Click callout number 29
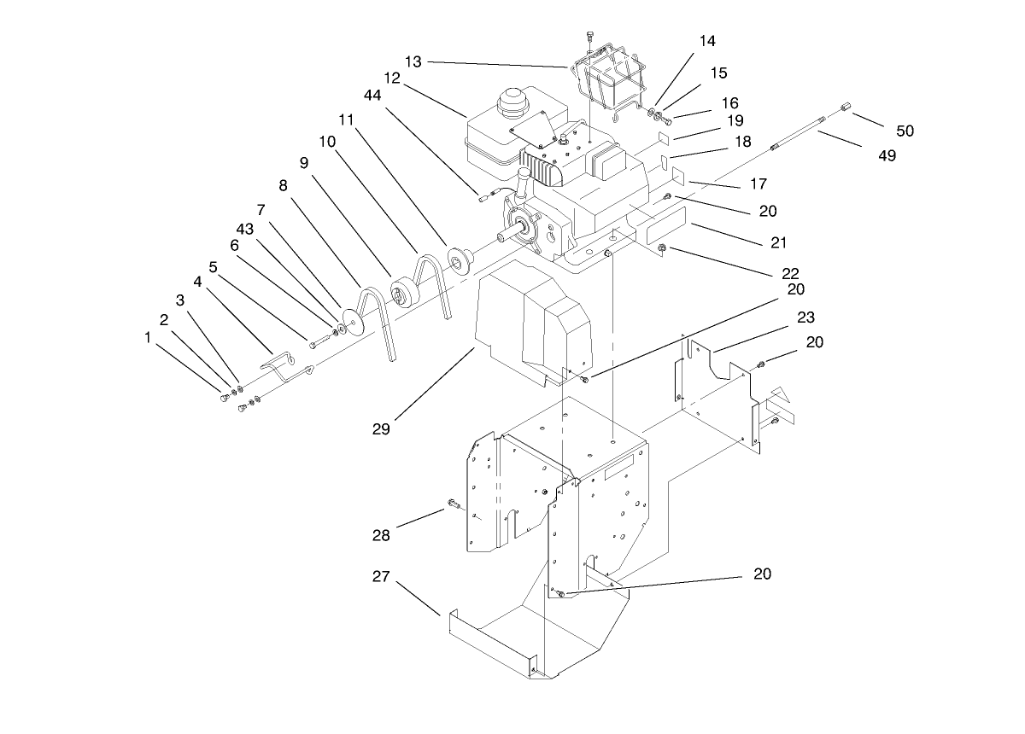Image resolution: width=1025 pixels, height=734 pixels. click(381, 429)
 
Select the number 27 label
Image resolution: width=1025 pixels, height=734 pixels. click(381, 577)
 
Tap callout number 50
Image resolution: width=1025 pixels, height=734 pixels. click(905, 131)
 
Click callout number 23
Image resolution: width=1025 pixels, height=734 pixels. click(806, 317)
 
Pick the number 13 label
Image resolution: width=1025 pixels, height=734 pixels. click(413, 61)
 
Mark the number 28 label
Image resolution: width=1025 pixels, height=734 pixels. click(381, 535)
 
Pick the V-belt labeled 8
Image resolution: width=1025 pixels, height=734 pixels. click(374, 320)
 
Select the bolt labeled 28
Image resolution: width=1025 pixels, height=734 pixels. click(452, 505)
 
